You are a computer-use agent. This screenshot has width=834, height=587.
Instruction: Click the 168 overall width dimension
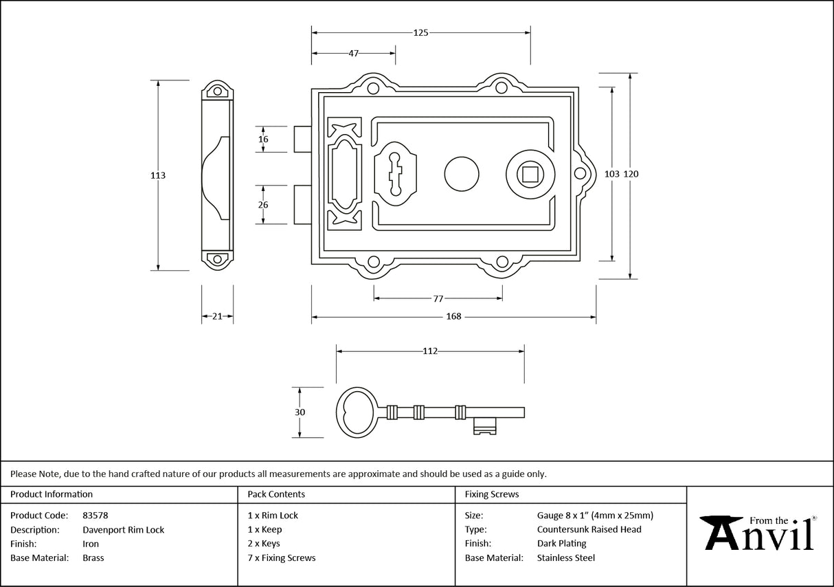click(453, 317)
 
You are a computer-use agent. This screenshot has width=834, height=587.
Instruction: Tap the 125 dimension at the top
click(420, 32)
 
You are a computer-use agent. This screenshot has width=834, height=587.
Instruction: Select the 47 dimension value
click(353, 54)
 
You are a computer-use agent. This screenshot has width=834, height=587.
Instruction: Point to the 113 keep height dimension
click(158, 175)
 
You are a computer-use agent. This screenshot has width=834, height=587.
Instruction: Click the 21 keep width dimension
click(217, 317)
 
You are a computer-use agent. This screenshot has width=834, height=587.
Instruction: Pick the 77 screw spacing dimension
click(438, 299)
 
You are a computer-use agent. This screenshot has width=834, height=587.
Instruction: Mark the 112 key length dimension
click(430, 351)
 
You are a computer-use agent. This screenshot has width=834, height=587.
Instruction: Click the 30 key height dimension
click(300, 412)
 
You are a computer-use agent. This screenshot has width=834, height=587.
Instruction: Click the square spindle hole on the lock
click(530, 174)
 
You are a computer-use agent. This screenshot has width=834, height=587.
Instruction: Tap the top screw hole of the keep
click(218, 91)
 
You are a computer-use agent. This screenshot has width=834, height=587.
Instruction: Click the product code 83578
click(95, 515)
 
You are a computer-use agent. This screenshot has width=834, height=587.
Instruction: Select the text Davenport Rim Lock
click(123, 529)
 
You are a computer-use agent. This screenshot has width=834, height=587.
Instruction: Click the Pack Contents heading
click(276, 494)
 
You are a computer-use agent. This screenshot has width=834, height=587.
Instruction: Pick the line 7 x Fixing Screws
click(282, 557)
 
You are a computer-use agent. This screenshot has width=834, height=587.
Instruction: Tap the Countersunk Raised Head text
click(589, 529)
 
